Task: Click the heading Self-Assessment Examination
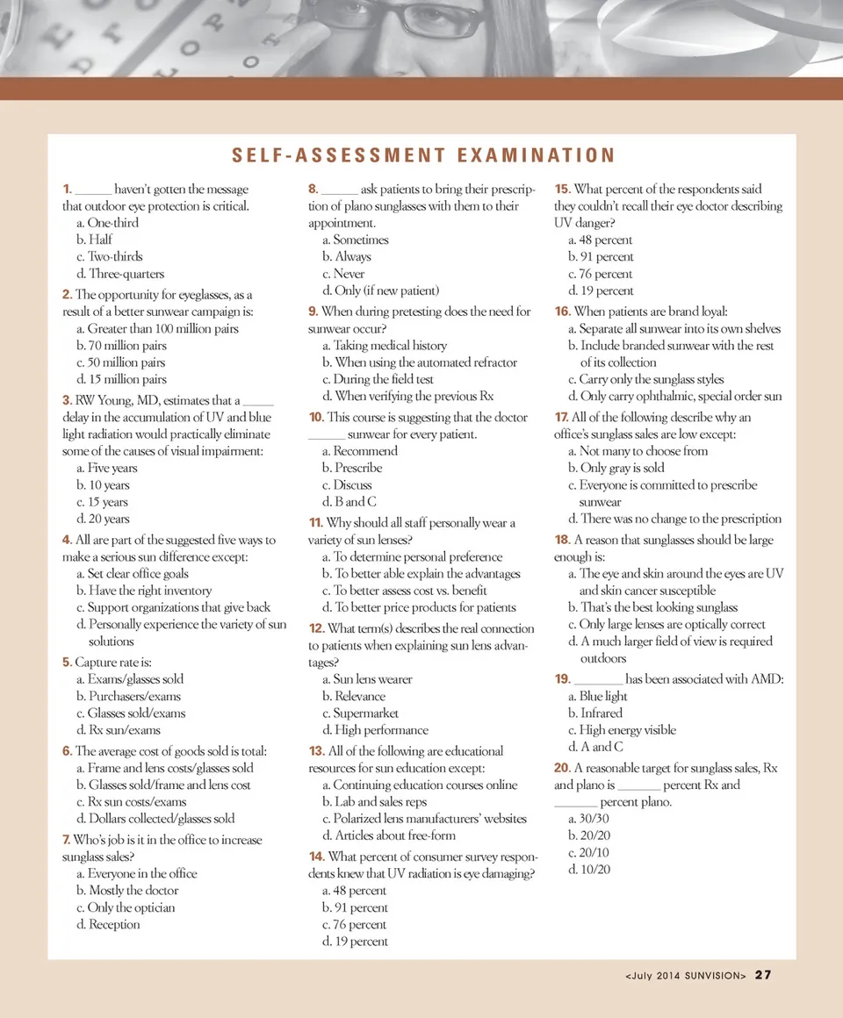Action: coord(423,156)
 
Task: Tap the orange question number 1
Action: coord(67,190)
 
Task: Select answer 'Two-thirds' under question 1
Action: coord(109,256)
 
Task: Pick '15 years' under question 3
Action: coord(103,502)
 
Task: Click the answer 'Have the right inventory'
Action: coord(144,591)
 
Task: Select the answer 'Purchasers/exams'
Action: coord(128,696)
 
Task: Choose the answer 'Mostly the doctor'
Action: coord(127,891)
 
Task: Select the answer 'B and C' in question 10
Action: coord(349,502)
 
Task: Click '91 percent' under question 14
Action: coord(355,908)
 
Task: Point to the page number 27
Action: coord(762,975)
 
